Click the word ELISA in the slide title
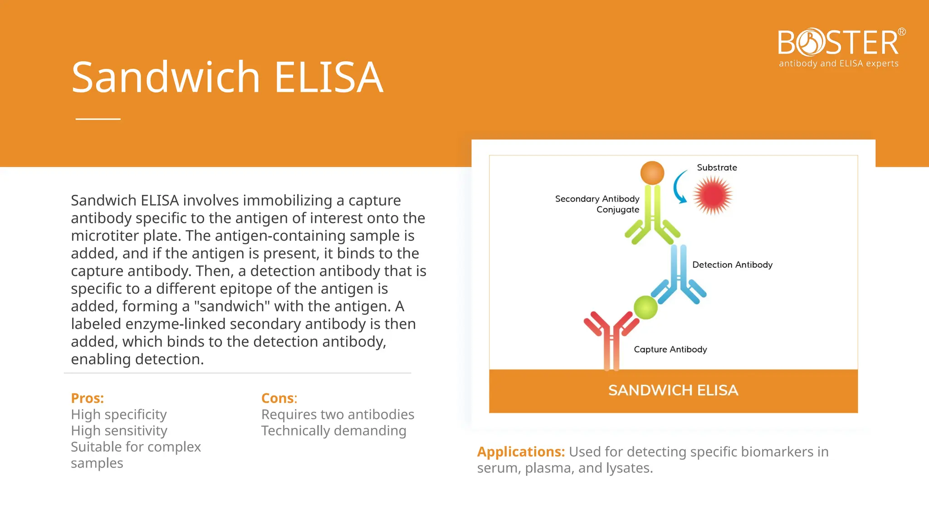(x=329, y=77)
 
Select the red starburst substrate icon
(x=713, y=195)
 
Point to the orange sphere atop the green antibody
(x=652, y=173)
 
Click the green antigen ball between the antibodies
(x=645, y=308)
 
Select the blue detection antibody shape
(x=679, y=276)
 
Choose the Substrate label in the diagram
(x=717, y=168)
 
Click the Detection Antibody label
(x=732, y=265)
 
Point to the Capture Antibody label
(x=670, y=349)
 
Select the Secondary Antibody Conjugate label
(x=597, y=204)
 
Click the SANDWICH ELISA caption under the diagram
(x=673, y=390)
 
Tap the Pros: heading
(x=88, y=398)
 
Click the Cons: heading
(x=279, y=398)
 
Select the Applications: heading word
(x=521, y=452)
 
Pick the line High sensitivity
(x=119, y=430)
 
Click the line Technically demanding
(x=333, y=430)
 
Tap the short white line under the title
(x=98, y=119)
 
